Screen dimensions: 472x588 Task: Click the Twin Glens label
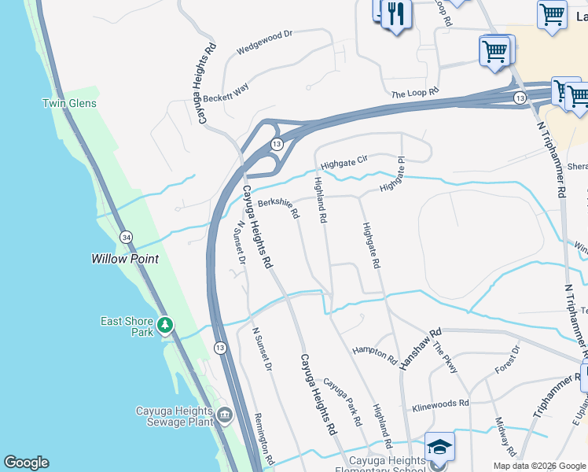69,103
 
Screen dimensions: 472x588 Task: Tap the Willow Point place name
125,259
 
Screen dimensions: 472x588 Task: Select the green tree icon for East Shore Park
164,324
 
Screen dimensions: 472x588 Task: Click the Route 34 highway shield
126,236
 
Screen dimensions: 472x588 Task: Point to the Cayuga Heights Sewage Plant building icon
224,415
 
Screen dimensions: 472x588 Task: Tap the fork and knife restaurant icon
396,15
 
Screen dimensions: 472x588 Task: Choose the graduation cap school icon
439,447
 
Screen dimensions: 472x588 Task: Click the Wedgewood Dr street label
264,41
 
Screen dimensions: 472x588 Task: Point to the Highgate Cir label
344,160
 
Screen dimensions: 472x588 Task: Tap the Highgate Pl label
395,180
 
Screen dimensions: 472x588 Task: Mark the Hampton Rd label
375,355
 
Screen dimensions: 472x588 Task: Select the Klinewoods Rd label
440,405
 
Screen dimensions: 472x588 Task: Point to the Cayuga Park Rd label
344,400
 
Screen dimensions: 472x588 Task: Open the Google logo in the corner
27,463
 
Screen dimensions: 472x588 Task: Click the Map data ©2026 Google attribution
538,466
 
